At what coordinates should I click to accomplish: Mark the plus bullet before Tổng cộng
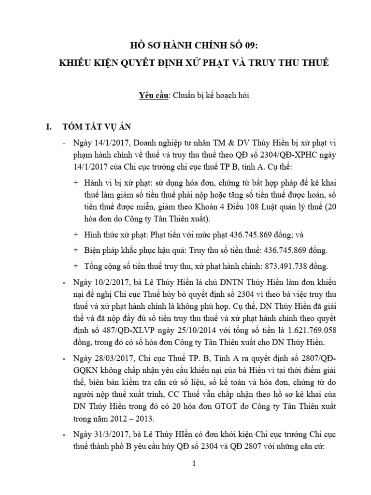[x=75, y=266]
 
